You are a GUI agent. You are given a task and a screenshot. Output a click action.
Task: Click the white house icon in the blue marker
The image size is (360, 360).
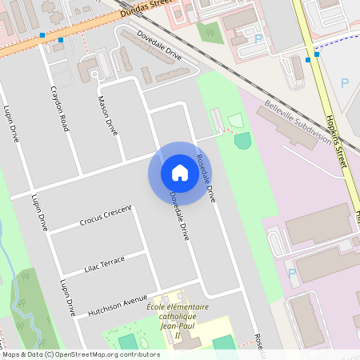pyautogui.click(x=180, y=173)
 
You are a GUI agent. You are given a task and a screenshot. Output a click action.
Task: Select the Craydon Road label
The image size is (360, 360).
pyautogui.click(x=60, y=109)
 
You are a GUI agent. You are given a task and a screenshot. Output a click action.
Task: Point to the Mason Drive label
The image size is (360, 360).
pyautogui.click(x=106, y=116)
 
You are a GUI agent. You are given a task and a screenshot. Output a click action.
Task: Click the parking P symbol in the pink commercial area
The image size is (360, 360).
pyautogui.click(x=258, y=38)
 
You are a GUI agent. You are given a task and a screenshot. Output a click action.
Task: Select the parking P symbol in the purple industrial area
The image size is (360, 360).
pyautogui.click(x=292, y=273)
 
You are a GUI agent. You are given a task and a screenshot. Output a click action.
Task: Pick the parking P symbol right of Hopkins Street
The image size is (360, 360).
pyautogui.click(x=345, y=82)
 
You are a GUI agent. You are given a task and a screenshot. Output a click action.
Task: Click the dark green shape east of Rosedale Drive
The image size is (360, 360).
pyautogui.click(x=242, y=141)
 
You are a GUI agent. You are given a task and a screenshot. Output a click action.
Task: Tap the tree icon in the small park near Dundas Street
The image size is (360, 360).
pyautogui.click(x=211, y=34)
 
